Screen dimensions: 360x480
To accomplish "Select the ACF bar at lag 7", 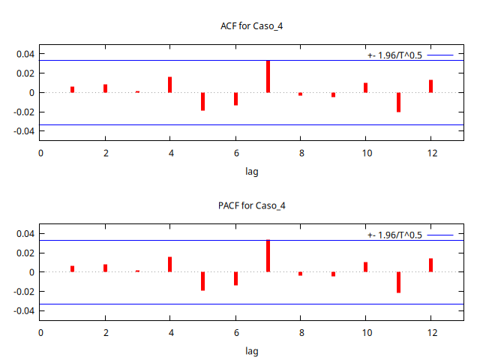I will click(x=268, y=76).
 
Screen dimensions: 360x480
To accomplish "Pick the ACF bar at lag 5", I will click(x=202, y=101).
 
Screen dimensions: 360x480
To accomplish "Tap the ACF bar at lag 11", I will click(x=398, y=102).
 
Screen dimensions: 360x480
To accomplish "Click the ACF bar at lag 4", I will click(x=170, y=85).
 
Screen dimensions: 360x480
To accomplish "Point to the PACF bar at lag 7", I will click(x=268, y=256).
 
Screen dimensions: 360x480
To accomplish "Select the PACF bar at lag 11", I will click(x=398, y=282).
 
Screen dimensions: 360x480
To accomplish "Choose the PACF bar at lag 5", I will click(x=202, y=280).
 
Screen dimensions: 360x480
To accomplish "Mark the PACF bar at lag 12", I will click(x=431, y=265).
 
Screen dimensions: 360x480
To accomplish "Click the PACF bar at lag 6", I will click(x=235, y=278).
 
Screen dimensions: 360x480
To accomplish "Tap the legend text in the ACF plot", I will click(x=394, y=55).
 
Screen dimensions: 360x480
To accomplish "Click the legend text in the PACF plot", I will click(x=394, y=235).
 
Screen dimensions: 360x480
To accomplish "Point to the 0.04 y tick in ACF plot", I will click(x=26, y=54).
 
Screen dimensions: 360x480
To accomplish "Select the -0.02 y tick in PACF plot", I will click(x=25, y=291).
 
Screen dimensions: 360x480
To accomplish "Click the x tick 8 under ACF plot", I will click(x=301, y=154).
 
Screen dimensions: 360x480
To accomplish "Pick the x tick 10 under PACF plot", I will click(x=366, y=333).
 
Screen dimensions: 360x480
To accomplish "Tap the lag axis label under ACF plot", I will click(x=252, y=171).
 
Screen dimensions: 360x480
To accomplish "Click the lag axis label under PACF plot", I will click(x=252, y=350).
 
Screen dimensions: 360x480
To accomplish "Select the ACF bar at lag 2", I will click(x=105, y=88).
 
